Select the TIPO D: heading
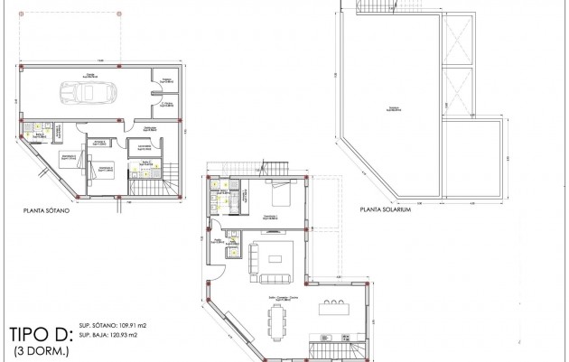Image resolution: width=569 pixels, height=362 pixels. click(37, 331)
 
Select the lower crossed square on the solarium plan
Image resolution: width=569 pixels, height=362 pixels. click(459, 88)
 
